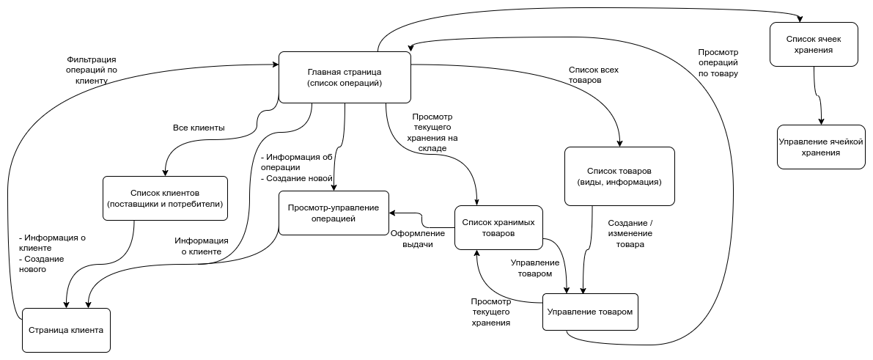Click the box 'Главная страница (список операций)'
(345, 77)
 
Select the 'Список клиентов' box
(165, 198)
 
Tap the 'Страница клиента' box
(66, 329)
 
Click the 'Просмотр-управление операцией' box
(333, 213)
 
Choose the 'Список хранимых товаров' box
(498, 227)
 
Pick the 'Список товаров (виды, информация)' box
(619, 176)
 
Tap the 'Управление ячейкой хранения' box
(820, 147)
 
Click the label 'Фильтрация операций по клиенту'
(91, 70)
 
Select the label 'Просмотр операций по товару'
(718, 63)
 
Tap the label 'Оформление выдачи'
(417, 239)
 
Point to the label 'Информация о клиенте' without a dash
(202, 246)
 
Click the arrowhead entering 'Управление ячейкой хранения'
(821, 121)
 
